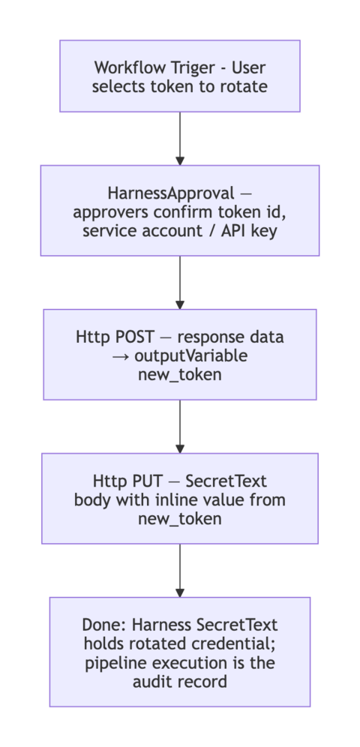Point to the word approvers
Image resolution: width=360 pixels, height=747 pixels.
click(x=109, y=211)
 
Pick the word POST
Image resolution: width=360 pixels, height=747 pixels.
click(x=132, y=337)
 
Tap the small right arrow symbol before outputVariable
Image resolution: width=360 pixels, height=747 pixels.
click(x=120, y=355)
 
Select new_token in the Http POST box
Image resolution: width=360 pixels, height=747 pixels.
click(x=180, y=373)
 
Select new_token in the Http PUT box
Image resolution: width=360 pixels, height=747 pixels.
click(x=180, y=517)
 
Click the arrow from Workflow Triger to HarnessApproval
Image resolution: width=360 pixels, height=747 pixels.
click(x=180, y=139)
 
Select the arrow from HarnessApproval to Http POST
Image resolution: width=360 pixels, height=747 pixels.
click(x=180, y=283)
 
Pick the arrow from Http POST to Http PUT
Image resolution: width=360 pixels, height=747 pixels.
click(x=180, y=427)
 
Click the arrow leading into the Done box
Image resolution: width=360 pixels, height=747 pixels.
click(x=180, y=571)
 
